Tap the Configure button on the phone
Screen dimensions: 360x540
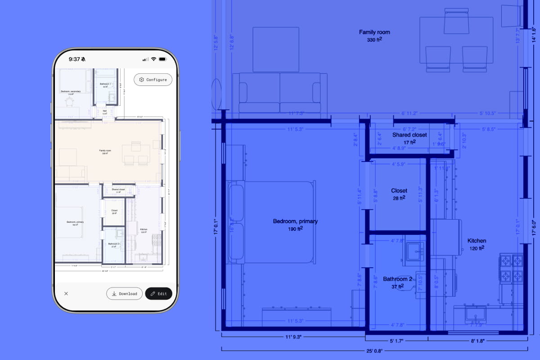point(153,80)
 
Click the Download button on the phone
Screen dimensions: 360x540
point(125,293)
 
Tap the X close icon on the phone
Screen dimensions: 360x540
point(66,293)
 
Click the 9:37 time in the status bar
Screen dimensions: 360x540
point(75,59)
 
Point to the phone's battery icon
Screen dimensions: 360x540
point(163,59)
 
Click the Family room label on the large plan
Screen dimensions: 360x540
point(374,32)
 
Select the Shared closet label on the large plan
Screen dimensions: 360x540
point(409,135)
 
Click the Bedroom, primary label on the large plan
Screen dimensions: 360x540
point(295,221)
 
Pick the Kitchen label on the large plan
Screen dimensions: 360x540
point(477,241)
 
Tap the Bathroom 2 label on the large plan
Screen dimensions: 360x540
point(397,279)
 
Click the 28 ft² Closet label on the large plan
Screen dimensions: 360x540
point(399,191)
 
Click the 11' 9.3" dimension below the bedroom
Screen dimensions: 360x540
point(293,337)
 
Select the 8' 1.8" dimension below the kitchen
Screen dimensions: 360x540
point(477,341)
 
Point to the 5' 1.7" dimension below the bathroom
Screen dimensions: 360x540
point(396,341)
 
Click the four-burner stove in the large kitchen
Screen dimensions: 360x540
point(512,268)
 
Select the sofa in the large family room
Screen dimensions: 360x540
point(280,93)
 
